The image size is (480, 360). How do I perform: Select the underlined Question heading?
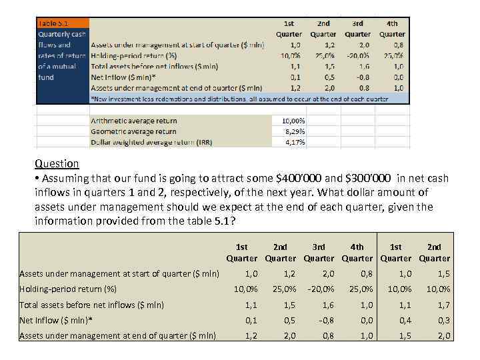point(57,164)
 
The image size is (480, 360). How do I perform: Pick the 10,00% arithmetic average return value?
point(293,121)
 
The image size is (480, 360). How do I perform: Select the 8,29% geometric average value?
point(295,131)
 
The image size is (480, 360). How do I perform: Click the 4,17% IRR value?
point(295,142)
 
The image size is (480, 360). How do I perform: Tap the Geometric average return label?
point(133,131)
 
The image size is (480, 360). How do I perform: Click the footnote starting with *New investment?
point(239,99)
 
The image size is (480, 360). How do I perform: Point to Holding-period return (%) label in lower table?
point(68,289)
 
